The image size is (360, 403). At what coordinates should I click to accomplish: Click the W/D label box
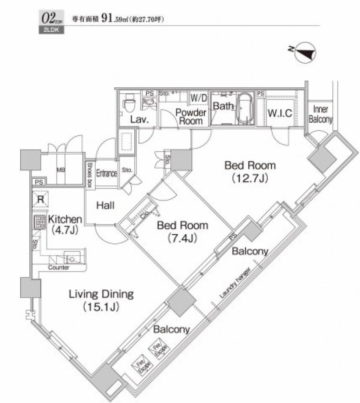[x=199, y=98]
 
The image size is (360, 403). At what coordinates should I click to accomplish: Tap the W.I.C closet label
[x=279, y=113]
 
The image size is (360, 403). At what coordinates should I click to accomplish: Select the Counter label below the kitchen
[x=58, y=268]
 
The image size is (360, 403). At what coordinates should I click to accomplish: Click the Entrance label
[x=106, y=174]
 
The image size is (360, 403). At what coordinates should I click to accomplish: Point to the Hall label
[x=105, y=205]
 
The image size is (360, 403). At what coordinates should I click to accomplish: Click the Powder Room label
[x=191, y=116]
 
